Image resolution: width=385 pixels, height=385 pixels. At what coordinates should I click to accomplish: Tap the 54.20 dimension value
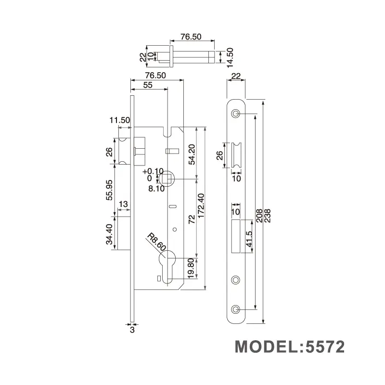click(x=191, y=154)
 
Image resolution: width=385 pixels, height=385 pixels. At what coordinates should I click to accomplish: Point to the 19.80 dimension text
click(x=191, y=268)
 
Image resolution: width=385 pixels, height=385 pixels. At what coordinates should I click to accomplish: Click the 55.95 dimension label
click(x=109, y=190)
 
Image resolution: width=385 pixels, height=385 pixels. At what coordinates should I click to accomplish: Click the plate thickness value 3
click(x=132, y=330)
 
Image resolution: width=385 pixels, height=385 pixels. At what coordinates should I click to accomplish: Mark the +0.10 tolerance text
click(x=153, y=171)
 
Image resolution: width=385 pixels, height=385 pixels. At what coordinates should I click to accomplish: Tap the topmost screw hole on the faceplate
click(x=235, y=114)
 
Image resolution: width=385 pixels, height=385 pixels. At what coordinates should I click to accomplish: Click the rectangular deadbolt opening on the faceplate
click(x=236, y=236)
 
